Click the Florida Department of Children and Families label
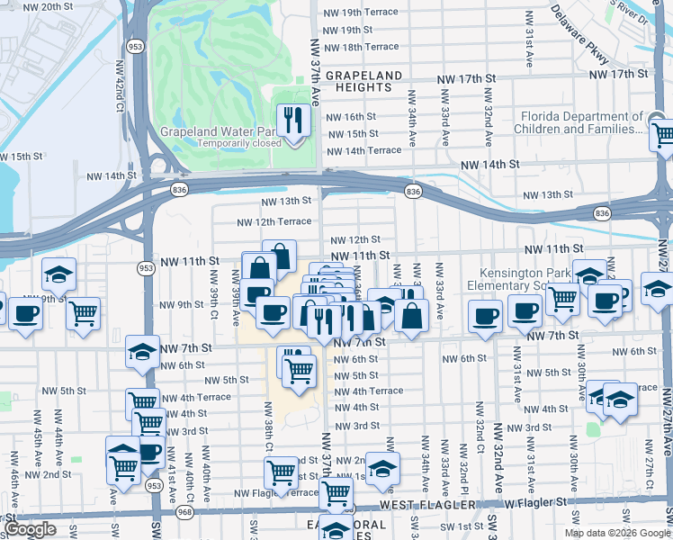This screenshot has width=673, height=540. [580, 123]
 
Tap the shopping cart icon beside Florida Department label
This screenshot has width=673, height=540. [662, 135]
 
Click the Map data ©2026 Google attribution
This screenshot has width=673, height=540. [617, 533]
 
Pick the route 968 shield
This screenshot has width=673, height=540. [184, 512]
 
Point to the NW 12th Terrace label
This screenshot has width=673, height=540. [274, 222]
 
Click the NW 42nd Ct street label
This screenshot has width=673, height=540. [120, 86]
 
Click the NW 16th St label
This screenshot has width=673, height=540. [350, 117]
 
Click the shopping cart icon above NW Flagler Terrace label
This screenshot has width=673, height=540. [281, 471]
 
